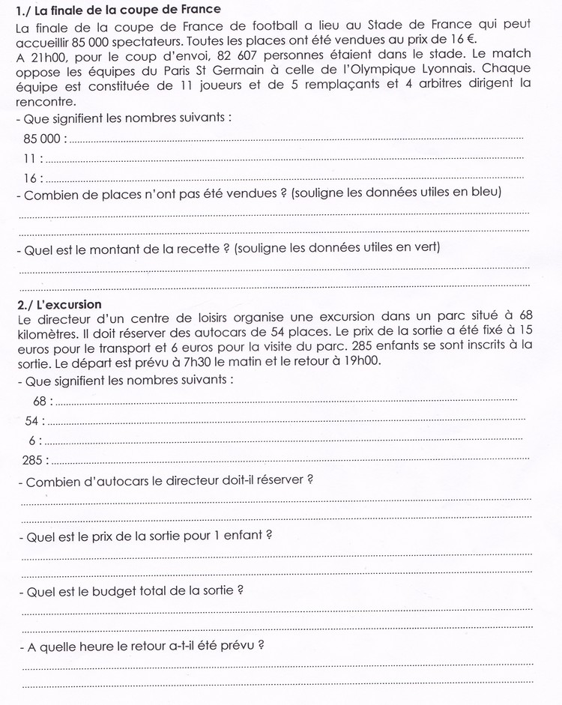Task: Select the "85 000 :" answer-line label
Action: coord(45,139)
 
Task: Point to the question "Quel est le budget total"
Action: coord(135,590)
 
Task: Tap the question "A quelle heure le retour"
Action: coord(146,644)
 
